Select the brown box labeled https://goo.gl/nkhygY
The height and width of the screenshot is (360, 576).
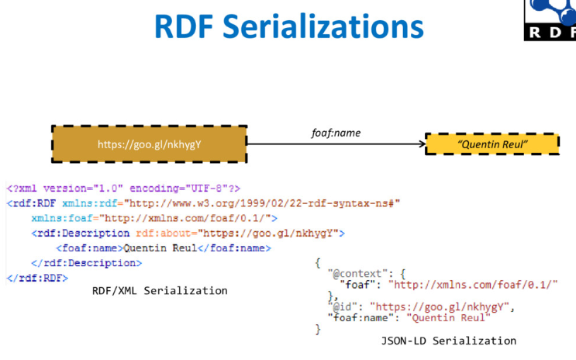tap(150, 144)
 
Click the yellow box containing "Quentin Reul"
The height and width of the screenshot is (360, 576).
tap(492, 144)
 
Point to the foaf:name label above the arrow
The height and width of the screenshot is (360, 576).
tap(331, 133)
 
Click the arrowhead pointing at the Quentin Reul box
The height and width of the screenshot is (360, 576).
tap(420, 144)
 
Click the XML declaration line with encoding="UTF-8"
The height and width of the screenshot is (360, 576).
tap(123, 189)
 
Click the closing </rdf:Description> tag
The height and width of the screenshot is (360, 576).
tap(86, 262)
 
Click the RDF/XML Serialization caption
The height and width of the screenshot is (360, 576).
tap(160, 291)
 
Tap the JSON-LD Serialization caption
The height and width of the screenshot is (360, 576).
tap(448, 341)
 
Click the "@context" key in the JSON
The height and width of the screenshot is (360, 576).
tap(355, 274)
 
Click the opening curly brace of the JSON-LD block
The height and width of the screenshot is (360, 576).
tap(318, 263)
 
